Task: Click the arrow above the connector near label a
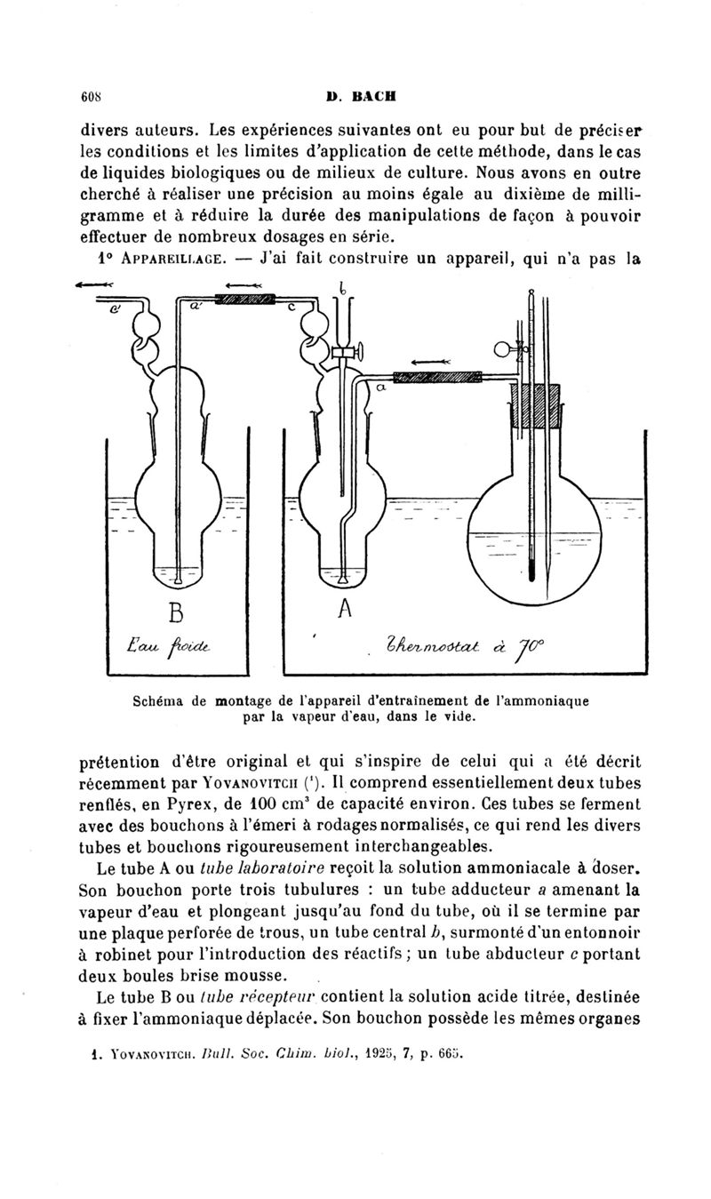pyautogui.click(x=432, y=362)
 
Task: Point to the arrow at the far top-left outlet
pyautogui.click(x=91, y=285)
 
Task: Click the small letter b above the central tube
pyautogui.click(x=341, y=287)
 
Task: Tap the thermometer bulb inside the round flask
pyautogui.click(x=531, y=573)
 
